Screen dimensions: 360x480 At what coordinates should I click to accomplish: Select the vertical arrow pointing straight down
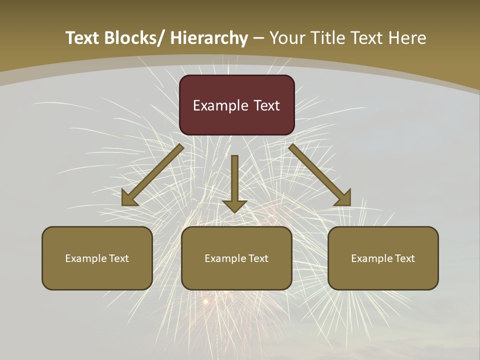pos(234,180)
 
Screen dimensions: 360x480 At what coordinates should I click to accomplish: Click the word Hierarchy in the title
pos(209,38)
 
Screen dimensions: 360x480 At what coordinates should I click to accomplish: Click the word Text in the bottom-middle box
pos(258,258)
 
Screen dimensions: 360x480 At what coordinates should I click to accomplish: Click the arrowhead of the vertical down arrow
pos(234,205)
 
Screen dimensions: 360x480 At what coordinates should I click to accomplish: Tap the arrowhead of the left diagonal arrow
pos(128,198)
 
